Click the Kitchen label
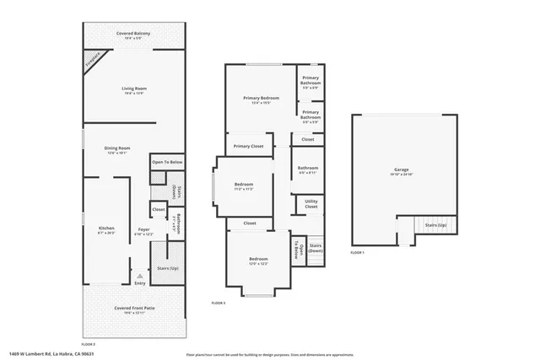point(106,228)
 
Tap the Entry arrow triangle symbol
point(139,276)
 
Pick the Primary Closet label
point(249,146)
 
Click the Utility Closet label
point(310,203)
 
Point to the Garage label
point(401,169)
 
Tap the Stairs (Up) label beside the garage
point(435,225)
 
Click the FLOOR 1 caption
point(358,253)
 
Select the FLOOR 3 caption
point(218,302)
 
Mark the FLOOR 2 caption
point(88,344)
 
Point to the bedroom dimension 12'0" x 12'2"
point(258,264)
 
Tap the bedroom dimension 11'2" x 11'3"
point(243,189)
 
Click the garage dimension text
point(401,175)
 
